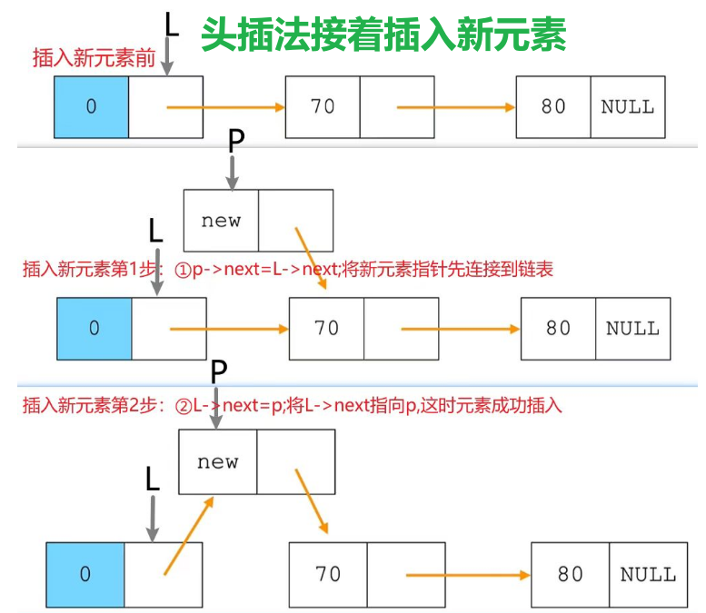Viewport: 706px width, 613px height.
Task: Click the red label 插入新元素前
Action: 92,59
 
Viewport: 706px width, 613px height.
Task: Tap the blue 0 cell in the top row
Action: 91,106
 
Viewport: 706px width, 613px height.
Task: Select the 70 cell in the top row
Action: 323,106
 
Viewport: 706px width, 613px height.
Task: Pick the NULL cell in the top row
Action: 627,106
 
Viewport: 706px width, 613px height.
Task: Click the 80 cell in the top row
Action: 553,106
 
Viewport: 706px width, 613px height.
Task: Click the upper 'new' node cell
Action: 221,221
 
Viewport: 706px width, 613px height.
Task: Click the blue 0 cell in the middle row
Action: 94,328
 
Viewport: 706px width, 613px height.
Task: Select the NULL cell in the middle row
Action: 632,328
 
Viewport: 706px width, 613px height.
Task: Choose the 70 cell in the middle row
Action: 326,328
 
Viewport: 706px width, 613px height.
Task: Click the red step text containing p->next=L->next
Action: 287,270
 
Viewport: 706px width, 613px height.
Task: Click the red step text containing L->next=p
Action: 292,406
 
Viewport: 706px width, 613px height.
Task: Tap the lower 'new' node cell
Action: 218,461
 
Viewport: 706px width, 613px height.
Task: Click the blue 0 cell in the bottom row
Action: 85,574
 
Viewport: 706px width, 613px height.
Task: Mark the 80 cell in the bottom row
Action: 571,574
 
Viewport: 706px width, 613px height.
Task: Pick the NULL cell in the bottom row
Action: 648,574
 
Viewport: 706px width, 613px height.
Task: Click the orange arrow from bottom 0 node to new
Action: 189,535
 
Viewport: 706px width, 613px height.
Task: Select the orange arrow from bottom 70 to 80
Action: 467,574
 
